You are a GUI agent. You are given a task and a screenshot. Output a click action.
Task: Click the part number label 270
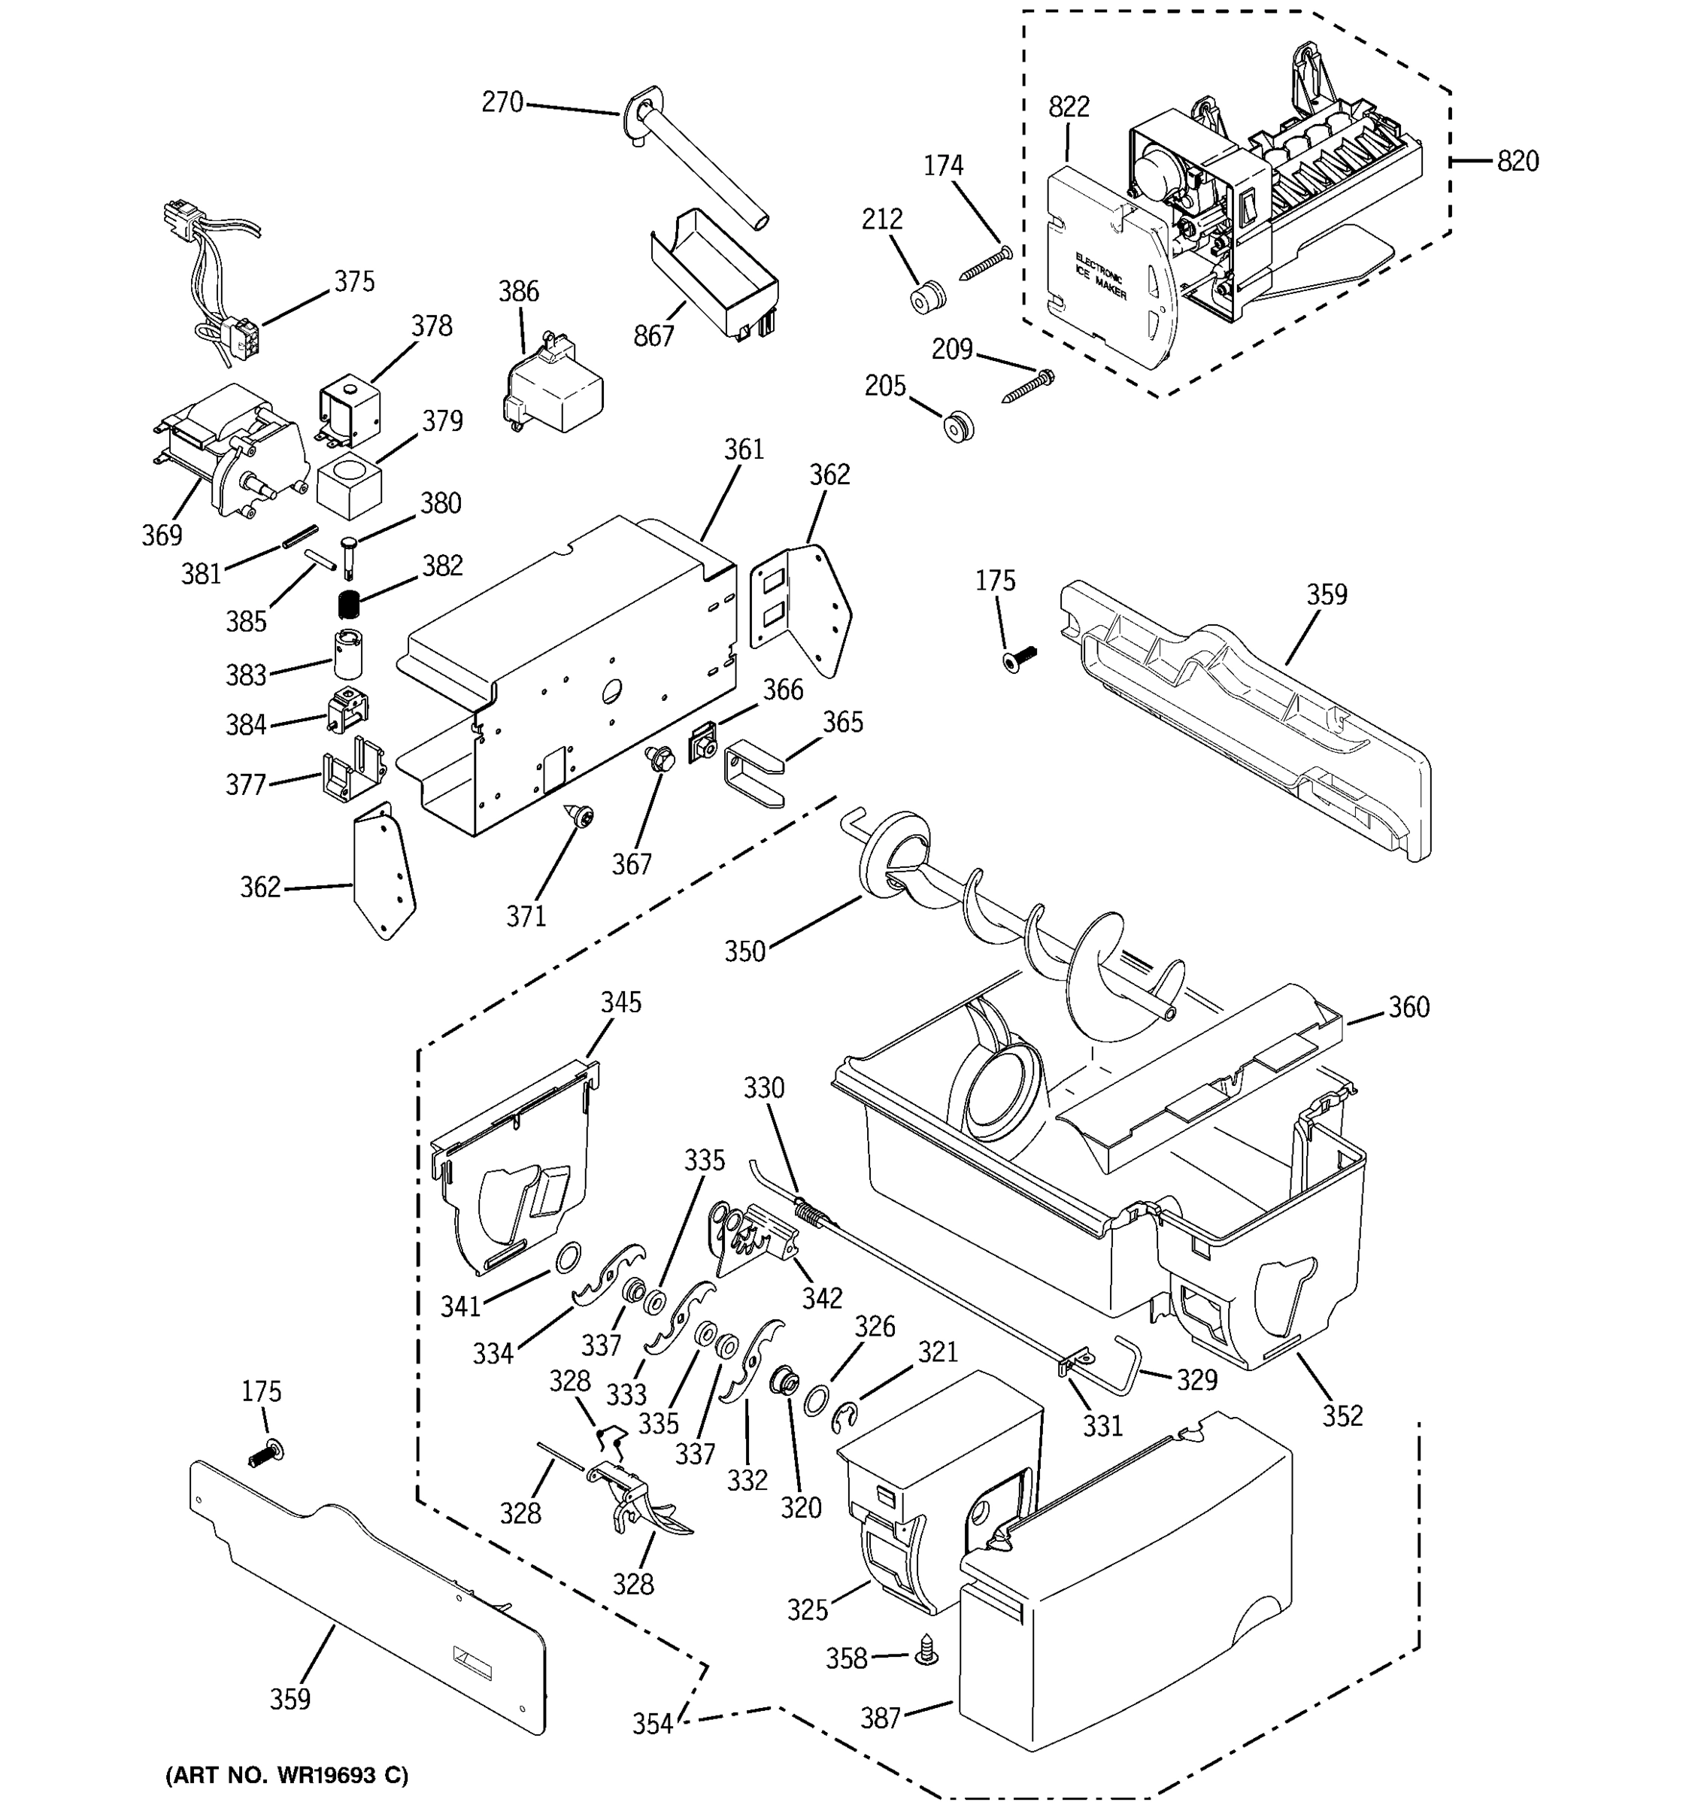pos(502,102)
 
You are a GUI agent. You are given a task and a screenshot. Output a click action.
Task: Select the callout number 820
pos(1518,162)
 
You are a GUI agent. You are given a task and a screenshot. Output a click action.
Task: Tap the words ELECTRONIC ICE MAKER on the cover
pos(1100,277)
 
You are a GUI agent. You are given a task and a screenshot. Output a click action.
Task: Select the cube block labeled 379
pos(349,487)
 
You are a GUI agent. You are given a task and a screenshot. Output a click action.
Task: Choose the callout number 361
pos(744,450)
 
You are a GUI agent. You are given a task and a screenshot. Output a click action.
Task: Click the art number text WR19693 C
pos(286,1775)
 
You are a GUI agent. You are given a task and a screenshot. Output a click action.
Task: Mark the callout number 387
pos(880,1718)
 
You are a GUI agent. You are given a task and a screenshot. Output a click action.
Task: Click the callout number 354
pos(652,1723)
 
